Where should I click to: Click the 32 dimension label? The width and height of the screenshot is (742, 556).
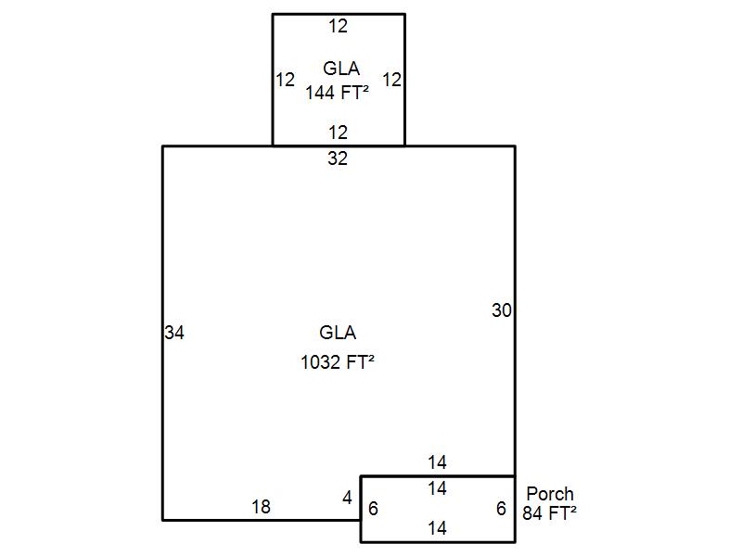click(x=338, y=158)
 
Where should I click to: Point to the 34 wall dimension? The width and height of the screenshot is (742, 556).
click(x=174, y=333)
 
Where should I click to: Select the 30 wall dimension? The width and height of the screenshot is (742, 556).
click(x=502, y=310)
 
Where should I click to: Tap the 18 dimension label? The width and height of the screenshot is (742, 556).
click(x=261, y=507)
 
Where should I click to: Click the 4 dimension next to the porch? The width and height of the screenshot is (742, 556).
click(x=347, y=498)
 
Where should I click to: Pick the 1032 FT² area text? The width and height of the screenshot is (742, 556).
click(x=338, y=362)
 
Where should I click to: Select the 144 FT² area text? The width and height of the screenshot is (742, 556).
click(x=337, y=93)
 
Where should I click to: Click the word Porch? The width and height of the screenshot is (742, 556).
click(x=550, y=494)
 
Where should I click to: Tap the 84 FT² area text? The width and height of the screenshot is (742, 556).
click(x=549, y=513)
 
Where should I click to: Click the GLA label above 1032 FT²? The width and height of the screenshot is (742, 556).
click(x=338, y=333)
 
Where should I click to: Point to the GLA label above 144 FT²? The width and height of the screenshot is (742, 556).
click(x=341, y=69)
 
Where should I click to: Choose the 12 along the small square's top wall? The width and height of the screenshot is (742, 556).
click(x=339, y=27)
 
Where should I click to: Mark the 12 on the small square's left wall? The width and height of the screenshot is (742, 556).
click(x=286, y=80)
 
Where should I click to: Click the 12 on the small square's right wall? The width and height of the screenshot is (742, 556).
click(x=391, y=80)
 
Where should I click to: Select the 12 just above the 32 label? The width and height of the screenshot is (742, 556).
click(x=339, y=133)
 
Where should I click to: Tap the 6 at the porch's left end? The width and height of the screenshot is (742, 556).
click(x=374, y=509)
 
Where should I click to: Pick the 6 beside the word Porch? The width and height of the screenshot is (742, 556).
click(x=502, y=509)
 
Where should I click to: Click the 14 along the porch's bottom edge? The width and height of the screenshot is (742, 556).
click(x=437, y=528)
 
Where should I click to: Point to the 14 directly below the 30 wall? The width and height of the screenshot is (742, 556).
click(x=437, y=462)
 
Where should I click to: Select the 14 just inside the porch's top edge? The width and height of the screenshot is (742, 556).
click(x=437, y=488)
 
